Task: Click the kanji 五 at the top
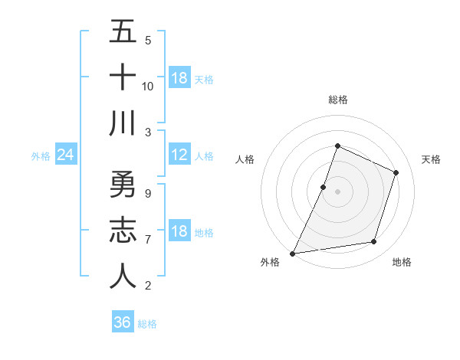tap(123, 32)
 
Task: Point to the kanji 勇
tap(123, 185)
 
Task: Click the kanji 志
tap(123, 231)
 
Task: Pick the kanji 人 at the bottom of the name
tap(123, 277)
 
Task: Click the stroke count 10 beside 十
tap(148, 86)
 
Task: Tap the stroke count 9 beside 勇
tap(148, 193)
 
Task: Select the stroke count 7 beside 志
tap(148, 240)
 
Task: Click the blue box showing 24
tap(66, 155)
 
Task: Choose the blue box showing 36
tap(123, 322)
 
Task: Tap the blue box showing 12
tap(179, 155)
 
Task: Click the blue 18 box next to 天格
tap(179, 78)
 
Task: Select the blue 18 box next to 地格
tap(179, 232)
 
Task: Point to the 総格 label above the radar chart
tap(337, 100)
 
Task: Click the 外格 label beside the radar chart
tap(270, 262)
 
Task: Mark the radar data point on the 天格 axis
tap(396, 172)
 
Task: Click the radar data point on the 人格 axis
tap(324, 187)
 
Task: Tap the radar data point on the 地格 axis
tap(374, 242)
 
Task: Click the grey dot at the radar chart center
tap(337, 191)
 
